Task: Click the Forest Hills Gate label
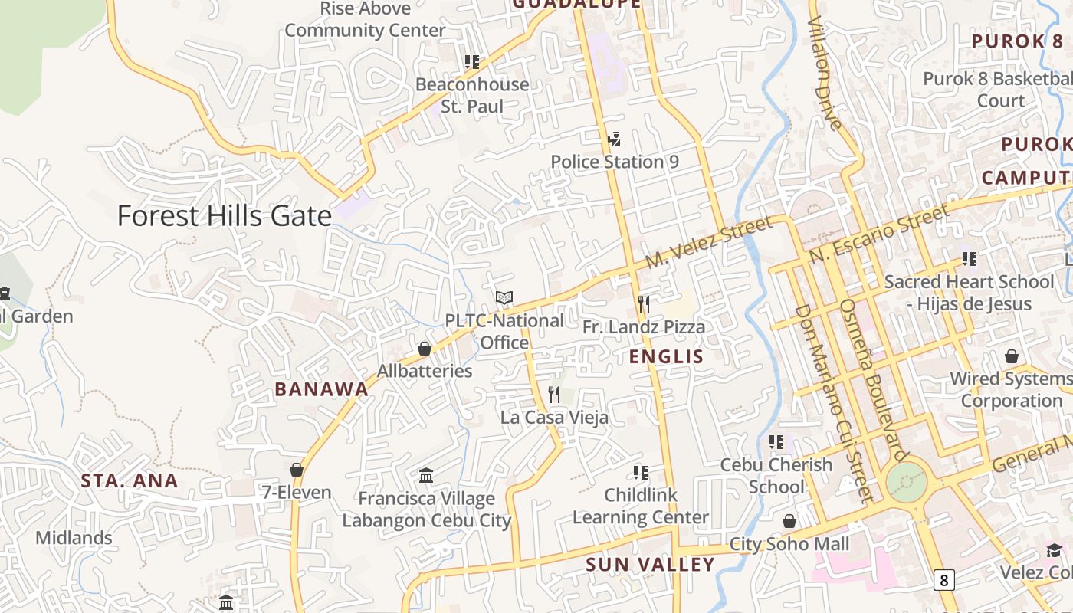pos(225,216)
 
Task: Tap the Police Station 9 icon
pos(614,139)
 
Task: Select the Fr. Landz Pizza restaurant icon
pos(644,304)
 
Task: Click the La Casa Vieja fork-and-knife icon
pos(554,395)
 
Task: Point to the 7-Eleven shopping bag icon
pos(297,470)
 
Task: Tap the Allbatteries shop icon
pos(425,349)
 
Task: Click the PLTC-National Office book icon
pos(504,297)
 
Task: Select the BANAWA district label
pos(322,389)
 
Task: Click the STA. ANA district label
pos(130,481)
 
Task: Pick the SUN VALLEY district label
pos(650,565)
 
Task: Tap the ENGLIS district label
pos(666,356)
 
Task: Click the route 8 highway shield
pos(943,580)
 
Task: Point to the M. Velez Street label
pos(708,242)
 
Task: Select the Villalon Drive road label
pos(825,73)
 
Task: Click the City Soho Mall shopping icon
pos(789,522)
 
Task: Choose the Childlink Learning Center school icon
pos(641,473)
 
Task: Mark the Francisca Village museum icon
pos(427,476)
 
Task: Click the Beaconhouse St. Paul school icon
pos(472,61)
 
